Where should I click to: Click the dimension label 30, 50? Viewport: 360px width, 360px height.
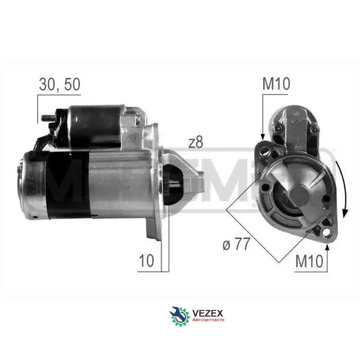tap(60, 84)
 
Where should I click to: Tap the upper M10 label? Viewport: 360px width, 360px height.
tap(276, 84)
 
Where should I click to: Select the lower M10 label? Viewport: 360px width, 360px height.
tap(309, 261)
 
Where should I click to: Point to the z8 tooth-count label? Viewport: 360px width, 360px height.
tap(196, 142)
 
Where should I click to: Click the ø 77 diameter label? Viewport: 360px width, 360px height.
tap(236, 244)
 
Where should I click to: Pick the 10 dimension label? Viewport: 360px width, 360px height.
tap(146, 260)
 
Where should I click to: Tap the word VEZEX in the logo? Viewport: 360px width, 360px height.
tap(207, 313)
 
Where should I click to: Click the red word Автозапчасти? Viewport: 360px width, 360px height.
tap(208, 320)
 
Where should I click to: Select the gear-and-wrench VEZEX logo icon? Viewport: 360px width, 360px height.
tap(180, 316)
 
